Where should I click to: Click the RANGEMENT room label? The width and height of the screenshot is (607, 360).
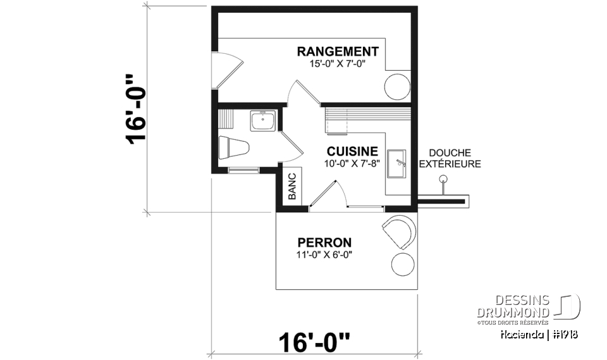coord(338,51)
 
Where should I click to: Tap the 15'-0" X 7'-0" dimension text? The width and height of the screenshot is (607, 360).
coord(338,64)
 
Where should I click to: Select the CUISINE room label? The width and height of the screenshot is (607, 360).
coord(352,151)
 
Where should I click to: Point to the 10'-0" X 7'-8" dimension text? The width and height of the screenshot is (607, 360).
coord(352,163)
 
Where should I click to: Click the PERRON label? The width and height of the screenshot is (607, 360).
coord(324,242)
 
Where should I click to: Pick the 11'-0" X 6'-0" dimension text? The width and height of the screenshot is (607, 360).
coord(324,255)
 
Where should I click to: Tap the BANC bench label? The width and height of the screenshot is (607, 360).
coord(292,187)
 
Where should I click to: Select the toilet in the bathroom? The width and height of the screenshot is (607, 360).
coord(231,147)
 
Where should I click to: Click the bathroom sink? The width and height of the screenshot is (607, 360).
coord(262,120)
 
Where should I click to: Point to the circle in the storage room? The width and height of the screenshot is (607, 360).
coord(398,86)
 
